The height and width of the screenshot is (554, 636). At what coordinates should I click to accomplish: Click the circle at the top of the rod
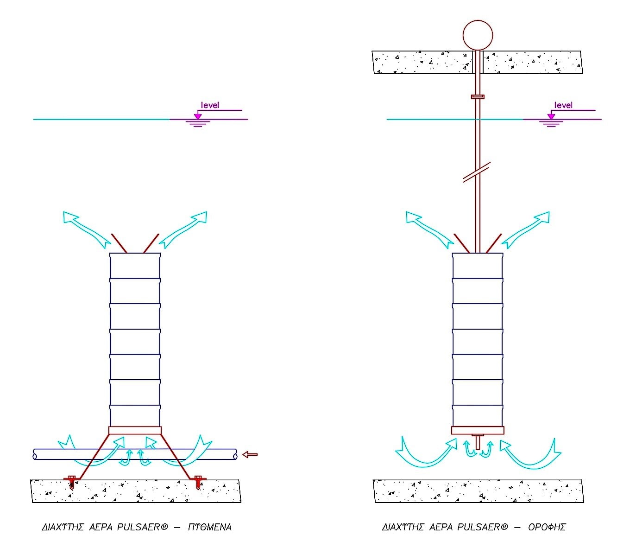[x=478, y=35]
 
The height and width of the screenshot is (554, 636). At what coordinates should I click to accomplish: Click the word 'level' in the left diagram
[x=210, y=105]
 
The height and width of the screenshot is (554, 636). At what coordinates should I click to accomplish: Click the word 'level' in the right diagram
[x=563, y=105]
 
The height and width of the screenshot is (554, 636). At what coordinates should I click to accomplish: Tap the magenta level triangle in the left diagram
[x=198, y=116]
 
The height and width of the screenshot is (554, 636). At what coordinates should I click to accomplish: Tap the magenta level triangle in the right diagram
[x=551, y=116]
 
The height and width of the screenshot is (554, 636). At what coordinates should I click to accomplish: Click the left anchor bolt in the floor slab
[x=72, y=482]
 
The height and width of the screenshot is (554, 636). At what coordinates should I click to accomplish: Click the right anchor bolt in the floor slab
[x=198, y=482]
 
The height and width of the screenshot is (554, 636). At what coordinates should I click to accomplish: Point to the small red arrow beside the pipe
[x=250, y=454]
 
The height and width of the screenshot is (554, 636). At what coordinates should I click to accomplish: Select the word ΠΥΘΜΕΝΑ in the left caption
[x=210, y=527]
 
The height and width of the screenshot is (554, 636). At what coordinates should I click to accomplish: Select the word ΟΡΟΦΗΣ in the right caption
[x=547, y=527]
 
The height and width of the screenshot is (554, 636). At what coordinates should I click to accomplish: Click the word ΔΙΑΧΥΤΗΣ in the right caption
[x=403, y=527]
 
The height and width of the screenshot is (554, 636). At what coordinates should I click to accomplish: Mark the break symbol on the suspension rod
[x=477, y=172]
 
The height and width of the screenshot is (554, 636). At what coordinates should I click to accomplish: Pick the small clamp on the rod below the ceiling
[x=478, y=97]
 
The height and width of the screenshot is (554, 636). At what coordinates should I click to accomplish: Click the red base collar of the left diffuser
[x=135, y=430]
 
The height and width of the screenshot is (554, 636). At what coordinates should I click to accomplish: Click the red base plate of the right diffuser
[x=478, y=430]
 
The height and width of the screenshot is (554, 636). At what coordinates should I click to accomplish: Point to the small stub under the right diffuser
[x=478, y=442]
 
